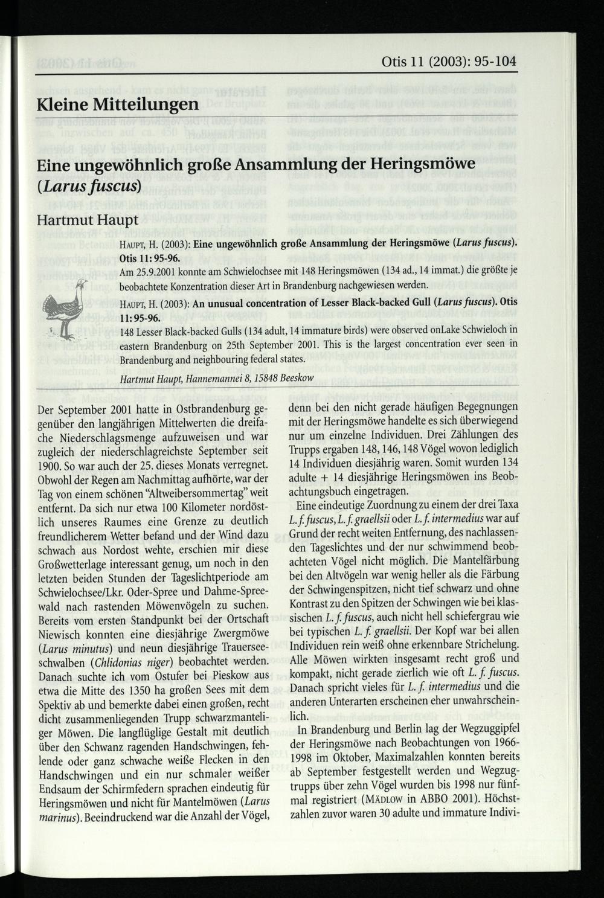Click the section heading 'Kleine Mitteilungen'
[117, 104]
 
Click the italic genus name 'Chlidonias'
[123, 661]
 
